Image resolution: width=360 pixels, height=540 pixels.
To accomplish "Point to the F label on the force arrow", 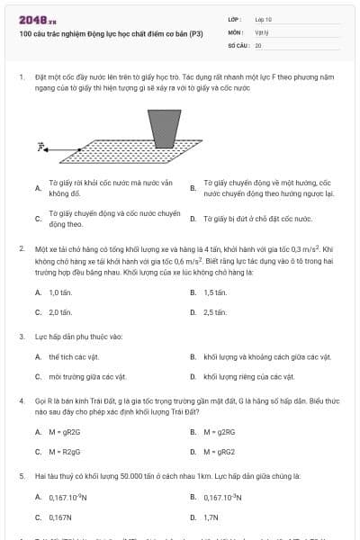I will tap(41, 144).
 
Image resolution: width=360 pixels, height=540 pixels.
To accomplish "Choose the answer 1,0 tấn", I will tap(59, 292).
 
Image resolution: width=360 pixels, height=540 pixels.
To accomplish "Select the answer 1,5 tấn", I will tap(214, 292).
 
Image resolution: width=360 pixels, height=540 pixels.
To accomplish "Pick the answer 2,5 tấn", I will tap(214, 312).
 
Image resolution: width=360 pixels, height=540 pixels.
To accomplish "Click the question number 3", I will tap(22, 337).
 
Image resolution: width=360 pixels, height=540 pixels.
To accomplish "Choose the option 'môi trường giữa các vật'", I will tap(87, 376).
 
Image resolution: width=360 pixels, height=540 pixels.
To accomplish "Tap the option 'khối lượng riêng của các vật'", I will tap(248, 376).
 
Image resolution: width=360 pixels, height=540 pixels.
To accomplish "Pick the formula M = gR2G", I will tap(64, 431).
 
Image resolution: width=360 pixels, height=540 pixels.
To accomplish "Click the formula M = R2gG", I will tap(64, 451).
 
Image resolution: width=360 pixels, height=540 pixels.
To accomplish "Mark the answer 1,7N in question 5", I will tap(211, 517).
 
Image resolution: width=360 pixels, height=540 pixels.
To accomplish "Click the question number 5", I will tap(22, 475).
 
